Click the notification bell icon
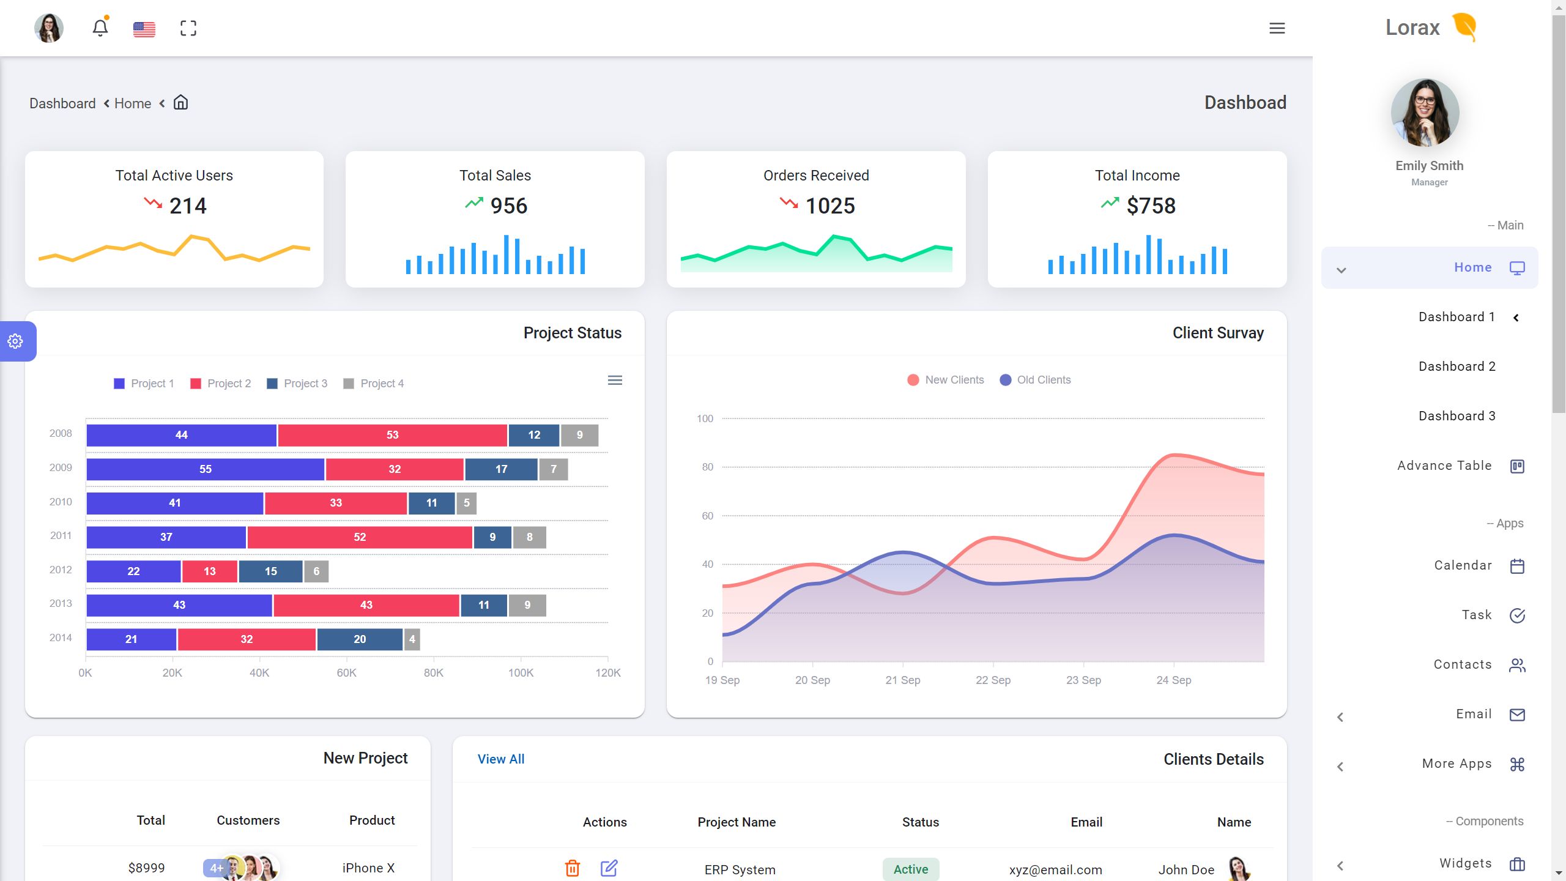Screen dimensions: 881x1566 (100, 28)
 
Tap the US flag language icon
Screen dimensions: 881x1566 (144, 29)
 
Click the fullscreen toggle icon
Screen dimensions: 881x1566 (188, 28)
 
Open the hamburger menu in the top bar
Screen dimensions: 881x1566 (1277, 28)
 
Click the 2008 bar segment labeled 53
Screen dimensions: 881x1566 (392, 435)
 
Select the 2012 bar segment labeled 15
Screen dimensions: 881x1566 (270, 571)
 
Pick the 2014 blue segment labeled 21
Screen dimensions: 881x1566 (131, 639)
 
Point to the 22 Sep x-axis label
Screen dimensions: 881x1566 (993, 680)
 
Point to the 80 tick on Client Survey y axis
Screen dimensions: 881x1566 (707, 467)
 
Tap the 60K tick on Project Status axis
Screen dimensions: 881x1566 (346, 673)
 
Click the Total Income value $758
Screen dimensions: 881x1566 (1151, 206)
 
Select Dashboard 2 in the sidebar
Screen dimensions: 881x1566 (1457, 366)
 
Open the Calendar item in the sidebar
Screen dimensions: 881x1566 (1463, 565)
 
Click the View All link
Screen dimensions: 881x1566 (500, 759)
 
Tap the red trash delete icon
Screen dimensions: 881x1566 (572, 868)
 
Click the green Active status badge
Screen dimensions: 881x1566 (910, 869)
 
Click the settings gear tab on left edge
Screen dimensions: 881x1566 (16, 341)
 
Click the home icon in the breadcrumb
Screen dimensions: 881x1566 (180, 103)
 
